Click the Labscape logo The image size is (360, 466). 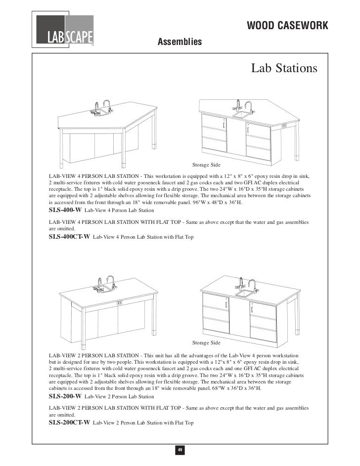[x=65, y=31]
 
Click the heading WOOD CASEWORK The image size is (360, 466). [x=287, y=26]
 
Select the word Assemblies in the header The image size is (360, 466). [x=180, y=42]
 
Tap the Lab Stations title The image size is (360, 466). [x=284, y=68]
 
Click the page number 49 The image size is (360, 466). [x=180, y=449]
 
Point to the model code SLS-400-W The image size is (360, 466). [x=65, y=210]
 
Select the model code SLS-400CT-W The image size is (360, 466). [x=69, y=237]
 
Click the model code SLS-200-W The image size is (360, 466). [x=65, y=396]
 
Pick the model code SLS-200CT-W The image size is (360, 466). [x=69, y=423]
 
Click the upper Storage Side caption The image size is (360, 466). [x=206, y=164]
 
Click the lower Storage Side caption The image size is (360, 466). [x=206, y=342]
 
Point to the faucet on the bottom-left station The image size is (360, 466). [x=112, y=282]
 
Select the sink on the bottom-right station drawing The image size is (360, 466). [x=244, y=293]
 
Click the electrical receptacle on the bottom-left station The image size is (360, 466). [x=119, y=302]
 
